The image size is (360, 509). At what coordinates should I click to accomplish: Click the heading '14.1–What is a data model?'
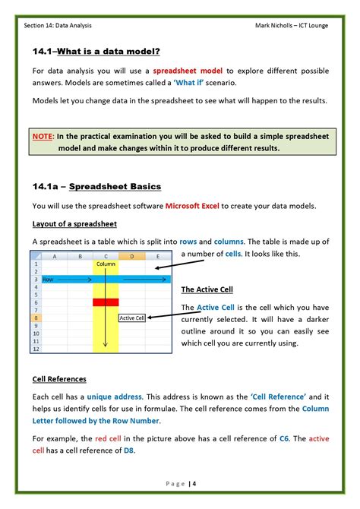click(x=96, y=51)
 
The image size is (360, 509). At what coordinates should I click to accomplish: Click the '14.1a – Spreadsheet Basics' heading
click(x=96, y=186)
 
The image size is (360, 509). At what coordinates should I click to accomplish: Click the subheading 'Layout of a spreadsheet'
click(x=74, y=224)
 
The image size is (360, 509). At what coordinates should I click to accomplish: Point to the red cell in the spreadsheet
click(x=105, y=302)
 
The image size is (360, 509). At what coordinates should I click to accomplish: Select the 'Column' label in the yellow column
click(x=105, y=264)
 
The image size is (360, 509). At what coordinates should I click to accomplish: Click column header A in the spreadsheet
click(x=54, y=256)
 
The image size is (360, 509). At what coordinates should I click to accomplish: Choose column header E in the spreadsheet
click(x=157, y=256)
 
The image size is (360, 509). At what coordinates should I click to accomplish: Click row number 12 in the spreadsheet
click(x=36, y=349)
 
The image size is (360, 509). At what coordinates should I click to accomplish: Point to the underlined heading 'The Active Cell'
click(x=207, y=290)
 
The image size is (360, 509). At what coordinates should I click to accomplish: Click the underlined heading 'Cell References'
click(x=59, y=379)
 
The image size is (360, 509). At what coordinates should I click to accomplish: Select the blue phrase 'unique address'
click(x=112, y=397)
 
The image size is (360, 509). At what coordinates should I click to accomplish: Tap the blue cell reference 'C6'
click(x=284, y=438)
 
